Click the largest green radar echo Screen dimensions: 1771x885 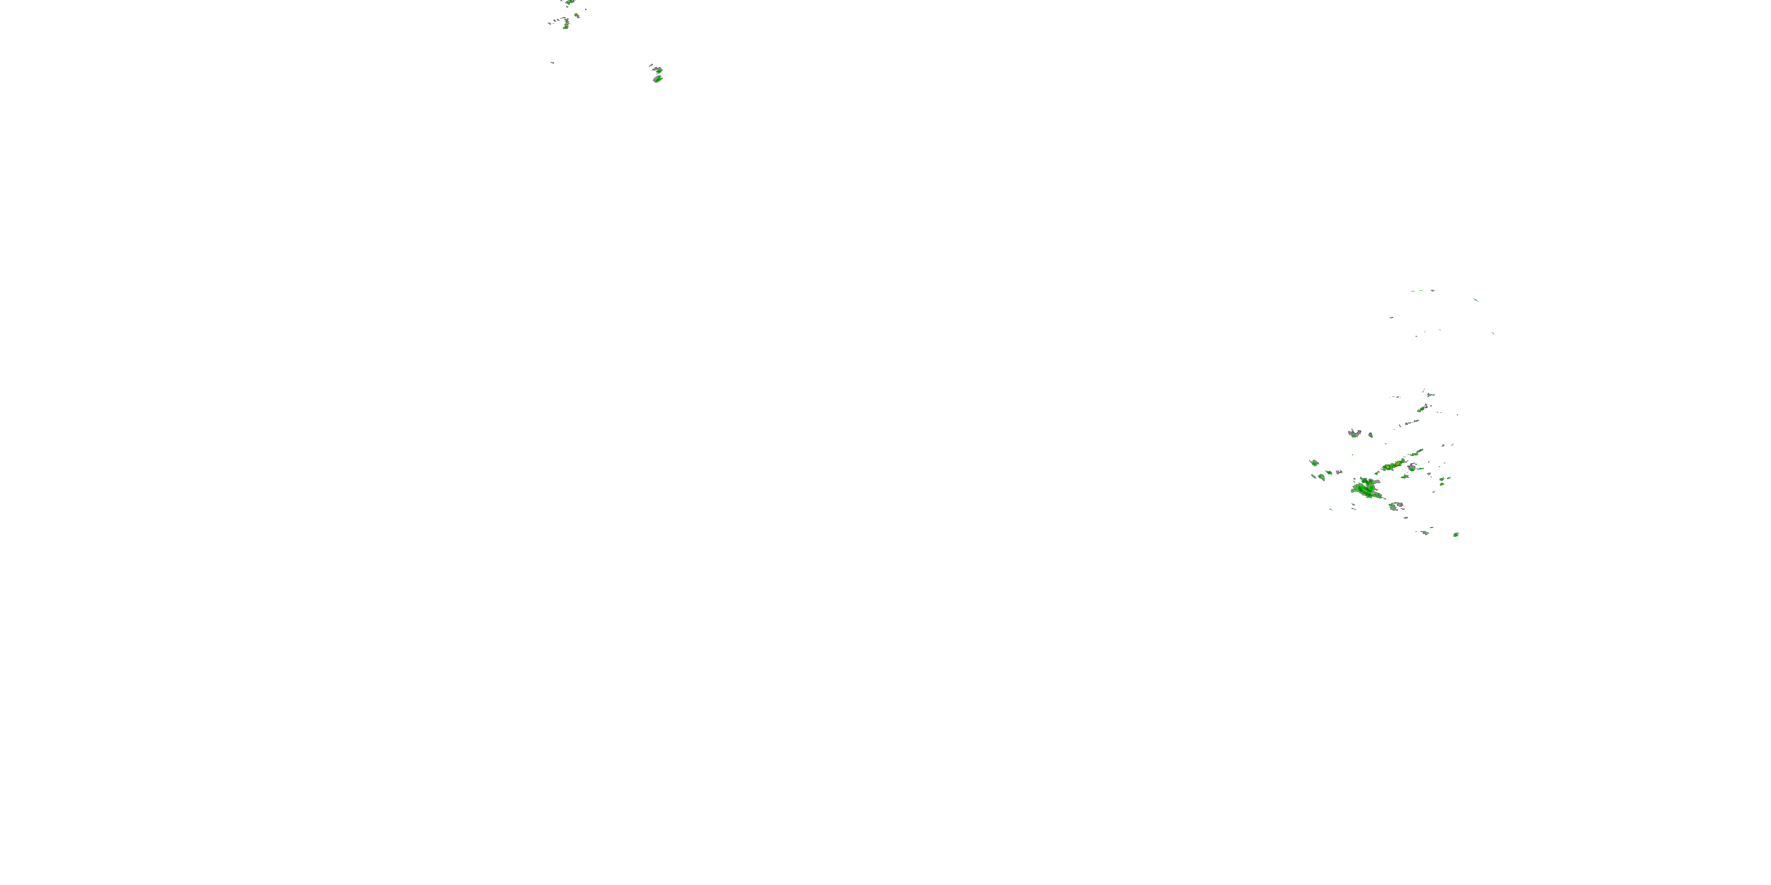click(x=1366, y=489)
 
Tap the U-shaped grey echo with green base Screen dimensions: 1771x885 click(x=1354, y=433)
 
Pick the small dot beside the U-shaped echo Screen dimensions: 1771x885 click(x=1370, y=435)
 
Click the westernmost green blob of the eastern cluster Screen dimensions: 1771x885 click(x=1314, y=463)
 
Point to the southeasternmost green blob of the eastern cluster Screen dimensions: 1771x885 click(x=1456, y=534)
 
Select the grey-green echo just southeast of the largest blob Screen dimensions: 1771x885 click(x=1396, y=506)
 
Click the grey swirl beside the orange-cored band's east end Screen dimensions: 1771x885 click(x=1412, y=467)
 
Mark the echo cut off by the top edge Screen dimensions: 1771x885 click(x=569, y=2)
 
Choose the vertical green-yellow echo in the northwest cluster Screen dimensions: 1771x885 click(x=565, y=25)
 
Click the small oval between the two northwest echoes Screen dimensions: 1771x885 click(x=576, y=15)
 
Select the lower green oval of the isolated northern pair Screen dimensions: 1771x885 click(x=657, y=79)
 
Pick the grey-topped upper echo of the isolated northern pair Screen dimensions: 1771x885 click(x=657, y=70)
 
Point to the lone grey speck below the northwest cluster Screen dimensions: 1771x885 click(x=552, y=63)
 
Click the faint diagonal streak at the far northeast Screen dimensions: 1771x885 click(x=1475, y=299)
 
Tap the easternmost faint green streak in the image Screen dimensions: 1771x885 click(x=1492, y=333)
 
